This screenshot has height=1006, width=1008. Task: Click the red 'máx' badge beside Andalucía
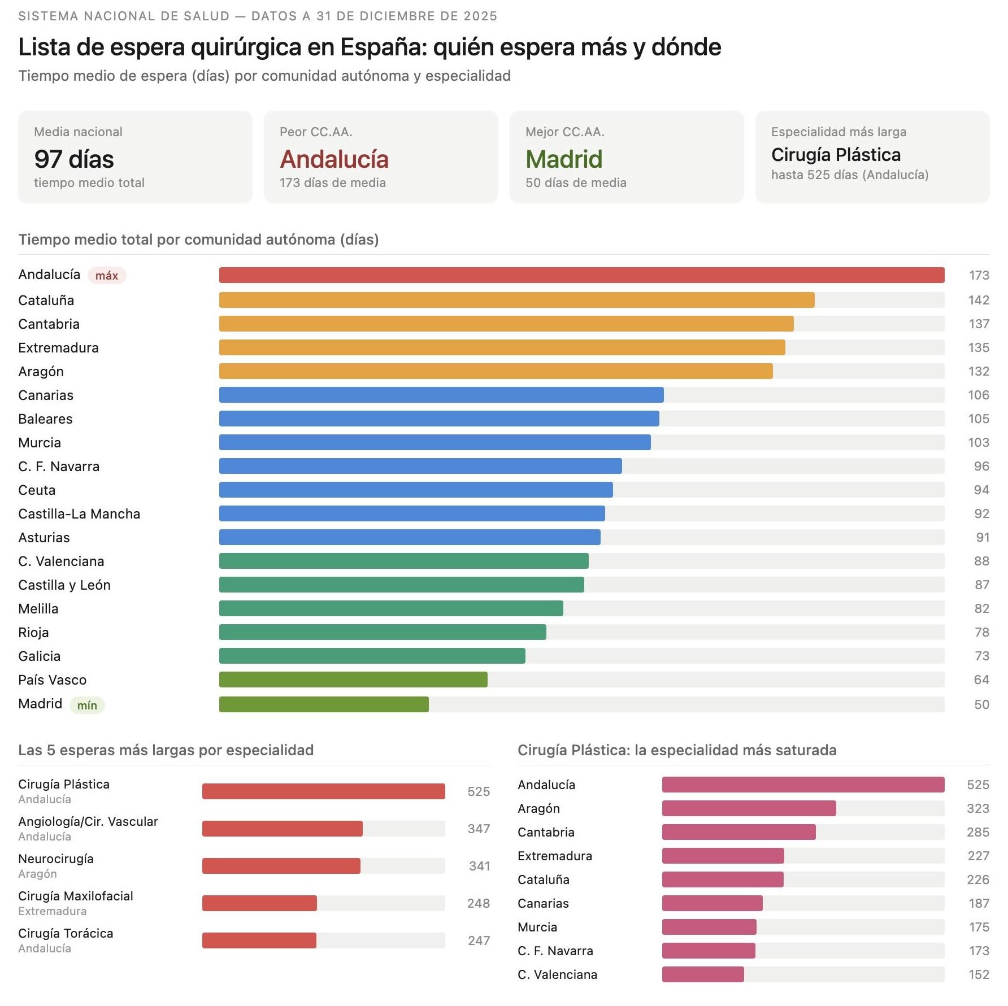coord(106,276)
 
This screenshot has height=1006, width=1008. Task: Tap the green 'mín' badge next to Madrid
coord(87,705)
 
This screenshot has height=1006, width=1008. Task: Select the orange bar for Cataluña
coord(516,300)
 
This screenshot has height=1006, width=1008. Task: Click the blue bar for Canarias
coord(441,395)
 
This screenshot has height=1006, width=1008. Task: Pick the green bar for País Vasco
coord(353,680)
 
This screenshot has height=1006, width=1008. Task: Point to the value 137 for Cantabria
coord(978,324)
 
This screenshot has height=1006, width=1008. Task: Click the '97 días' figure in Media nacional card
coord(74,159)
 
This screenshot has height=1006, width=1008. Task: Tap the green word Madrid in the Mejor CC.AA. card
coord(563,159)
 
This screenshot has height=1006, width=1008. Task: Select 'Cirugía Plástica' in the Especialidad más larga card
coord(836,155)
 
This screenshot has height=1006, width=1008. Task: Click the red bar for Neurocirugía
coord(281,866)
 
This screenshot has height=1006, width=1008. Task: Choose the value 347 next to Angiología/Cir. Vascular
coord(478,829)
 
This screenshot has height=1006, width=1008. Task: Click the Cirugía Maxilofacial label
coord(76,896)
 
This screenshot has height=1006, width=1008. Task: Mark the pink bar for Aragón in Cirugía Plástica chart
coord(749,808)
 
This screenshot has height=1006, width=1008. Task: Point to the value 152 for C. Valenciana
coord(978,974)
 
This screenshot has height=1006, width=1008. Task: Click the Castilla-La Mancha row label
coord(79,513)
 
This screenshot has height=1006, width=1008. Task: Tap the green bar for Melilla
coord(391,608)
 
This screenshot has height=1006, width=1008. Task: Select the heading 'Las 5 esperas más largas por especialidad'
coord(166,750)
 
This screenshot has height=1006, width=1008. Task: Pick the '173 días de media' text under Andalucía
coord(332,182)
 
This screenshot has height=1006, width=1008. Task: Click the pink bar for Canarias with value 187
coord(712,903)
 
